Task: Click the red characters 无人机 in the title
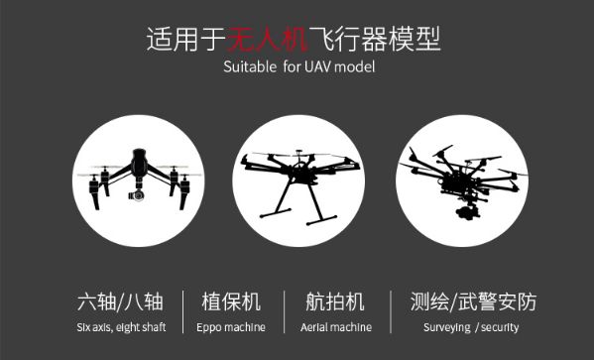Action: (268, 39)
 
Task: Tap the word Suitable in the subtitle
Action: (250, 67)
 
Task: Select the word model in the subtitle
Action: (355, 67)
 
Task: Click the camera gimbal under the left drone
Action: (137, 194)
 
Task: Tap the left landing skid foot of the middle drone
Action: (276, 213)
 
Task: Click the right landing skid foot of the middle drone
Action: (321, 220)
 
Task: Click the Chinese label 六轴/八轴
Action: (120, 302)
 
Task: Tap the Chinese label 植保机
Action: (231, 302)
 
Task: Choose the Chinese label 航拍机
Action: (335, 302)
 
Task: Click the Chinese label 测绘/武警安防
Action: (474, 302)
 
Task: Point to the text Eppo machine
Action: (231, 327)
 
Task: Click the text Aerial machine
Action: (336, 327)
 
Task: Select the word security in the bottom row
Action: (500, 327)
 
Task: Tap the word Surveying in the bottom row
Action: (447, 327)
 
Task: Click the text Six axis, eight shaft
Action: (121, 327)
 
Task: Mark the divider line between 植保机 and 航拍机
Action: (285, 311)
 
